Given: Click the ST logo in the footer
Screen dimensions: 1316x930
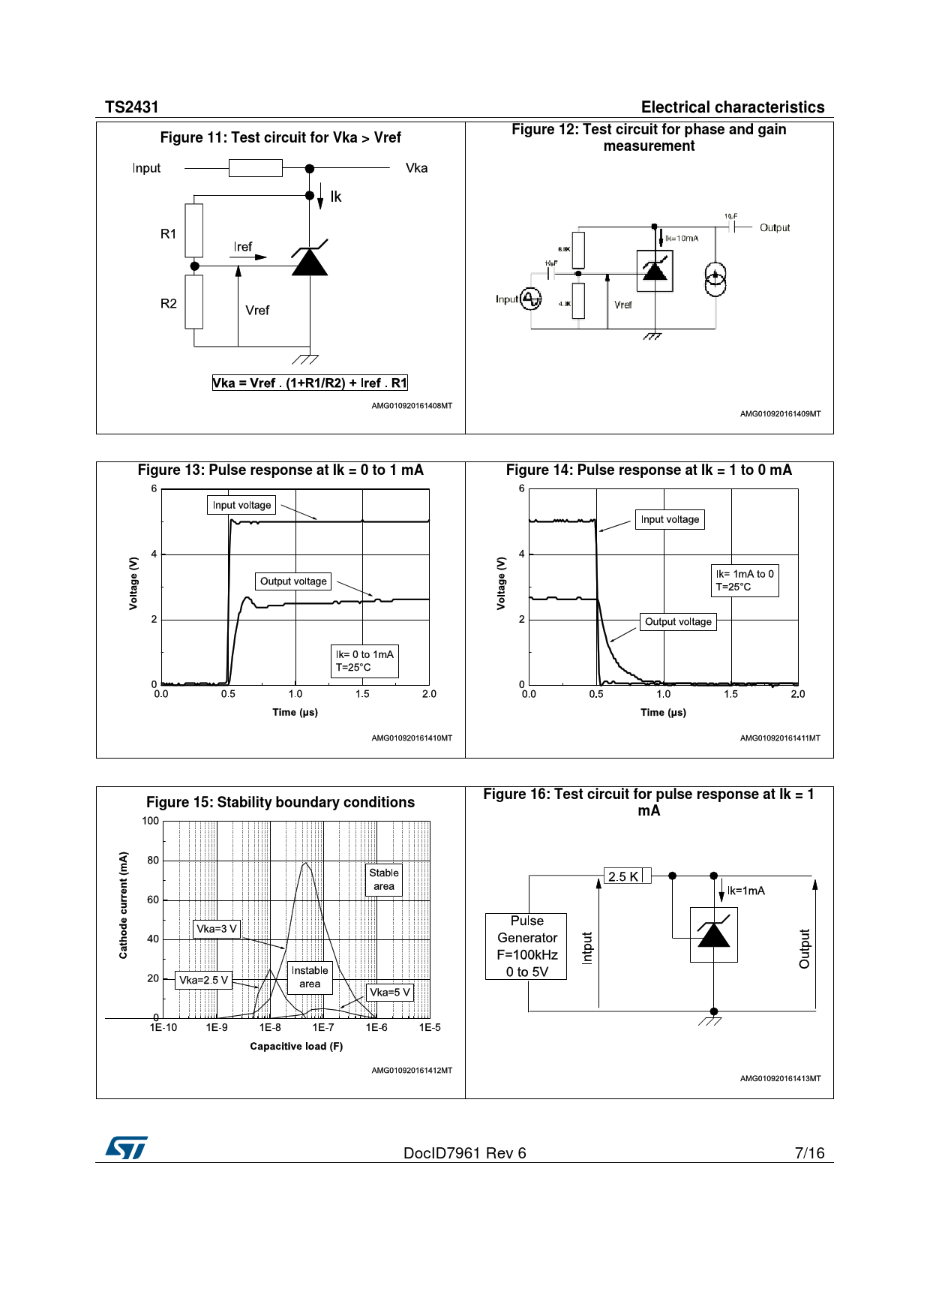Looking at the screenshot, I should pyautogui.click(x=126, y=1147).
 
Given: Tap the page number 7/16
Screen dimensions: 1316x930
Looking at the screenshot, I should pyautogui.click(x=809, y=1153).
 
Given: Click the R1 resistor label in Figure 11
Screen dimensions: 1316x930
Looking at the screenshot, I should pyautogui.click(x=169, y=234).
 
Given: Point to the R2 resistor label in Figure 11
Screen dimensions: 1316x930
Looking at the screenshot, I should pyautogui.click(x=169, y=304).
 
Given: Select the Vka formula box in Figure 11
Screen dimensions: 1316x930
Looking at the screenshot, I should pyautogui.click(x=310, y=383).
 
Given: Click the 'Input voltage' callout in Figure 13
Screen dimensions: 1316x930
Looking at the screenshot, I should pyautogui.click(x=241, y=506).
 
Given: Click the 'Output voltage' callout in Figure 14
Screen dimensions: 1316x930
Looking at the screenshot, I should pyautogui.click(x=678, y=622).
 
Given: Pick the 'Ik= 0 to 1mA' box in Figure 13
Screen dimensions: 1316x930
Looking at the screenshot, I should pyautogui.click(x=364, y=661).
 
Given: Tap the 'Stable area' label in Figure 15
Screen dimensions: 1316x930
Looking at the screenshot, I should pyautogui.click(x=384, y=880).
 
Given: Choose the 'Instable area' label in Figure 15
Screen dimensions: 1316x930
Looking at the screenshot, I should pyautogui.click(x=310, y=978).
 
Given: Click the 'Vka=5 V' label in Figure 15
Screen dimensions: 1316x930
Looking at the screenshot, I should pyautogui.click(x=390, y=993).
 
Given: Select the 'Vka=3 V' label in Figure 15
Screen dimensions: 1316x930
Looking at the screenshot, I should pyautogui.click(x=217, y=930).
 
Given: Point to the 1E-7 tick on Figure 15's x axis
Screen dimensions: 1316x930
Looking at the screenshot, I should pyautogui.click(x=323, y=1028).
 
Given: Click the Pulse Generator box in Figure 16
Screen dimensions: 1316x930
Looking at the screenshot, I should pyautogui.click(x=526, y=946).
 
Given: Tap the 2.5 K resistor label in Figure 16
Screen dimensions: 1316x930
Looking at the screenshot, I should pyautogui.click(x=623, y=876).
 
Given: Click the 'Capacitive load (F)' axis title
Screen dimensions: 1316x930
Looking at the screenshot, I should pyautogui.click(x=296, y=1047).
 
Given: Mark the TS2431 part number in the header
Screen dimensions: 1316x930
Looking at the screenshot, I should pyautogui.click(x=132, y=107).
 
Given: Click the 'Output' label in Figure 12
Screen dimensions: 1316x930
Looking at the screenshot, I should pyautogui.click(x=775, y=228).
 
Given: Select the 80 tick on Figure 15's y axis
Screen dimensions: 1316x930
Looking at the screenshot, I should pyautogui.click(x=153, y=861).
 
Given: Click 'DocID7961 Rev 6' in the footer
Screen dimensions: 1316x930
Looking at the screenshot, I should pyautogui.click(x=464, y=1153).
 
